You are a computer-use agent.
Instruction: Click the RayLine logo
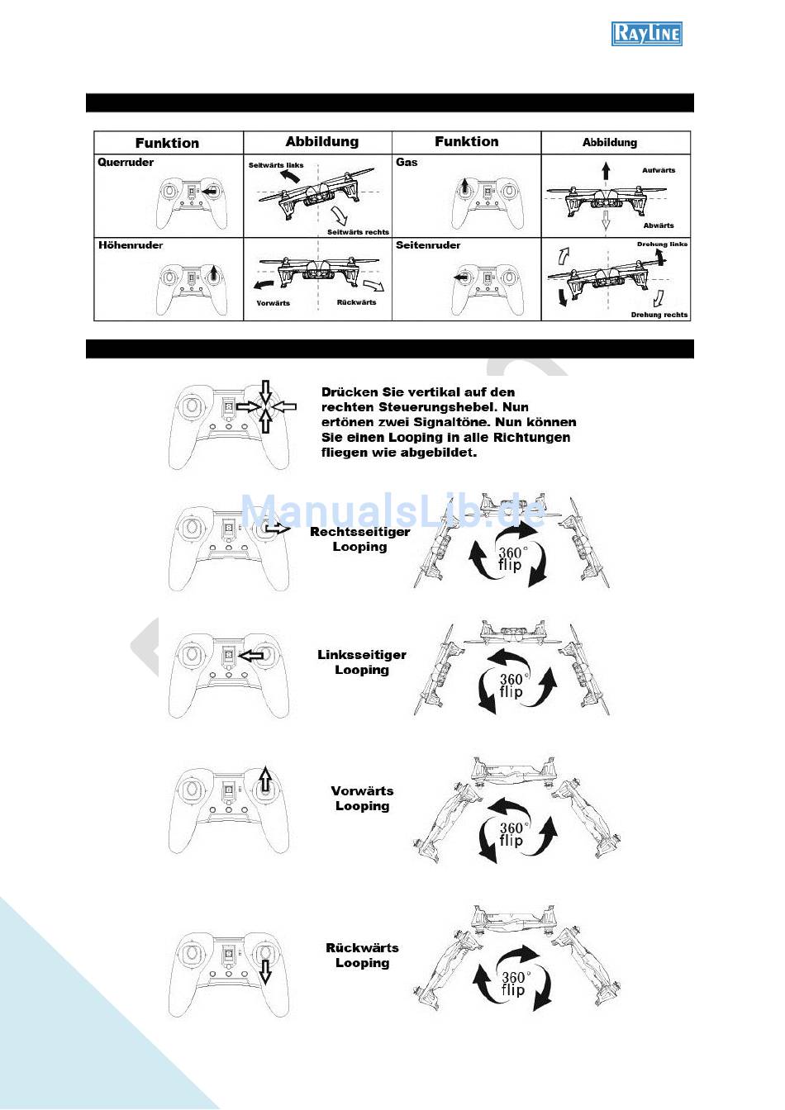(x=647, y=34)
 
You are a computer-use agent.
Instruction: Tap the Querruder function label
(x=126, y=162)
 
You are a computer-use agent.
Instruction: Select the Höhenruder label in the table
(x=131, y=244)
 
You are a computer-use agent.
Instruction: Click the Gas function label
(x=407, y=162)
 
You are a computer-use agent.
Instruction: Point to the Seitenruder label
(x=428, y=244)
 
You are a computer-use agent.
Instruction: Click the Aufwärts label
(x=659, y=170)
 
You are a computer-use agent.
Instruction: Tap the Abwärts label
(x=659, y=225)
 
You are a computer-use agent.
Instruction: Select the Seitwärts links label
(x=276, y=165)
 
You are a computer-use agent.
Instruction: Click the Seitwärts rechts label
(x=358, y=232)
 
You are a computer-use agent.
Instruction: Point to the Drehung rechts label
(x=659, y=315)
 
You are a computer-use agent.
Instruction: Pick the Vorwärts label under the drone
(x=274, y=303)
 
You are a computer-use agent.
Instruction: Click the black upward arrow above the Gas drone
(x=606, y=172)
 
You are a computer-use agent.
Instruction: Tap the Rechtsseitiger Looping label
(x=360, y=539)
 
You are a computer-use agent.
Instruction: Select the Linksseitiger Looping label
(x=362, y=662)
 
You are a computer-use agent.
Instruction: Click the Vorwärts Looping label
(x=363, y=799)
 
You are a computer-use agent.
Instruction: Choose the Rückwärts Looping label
(x=363, y=956)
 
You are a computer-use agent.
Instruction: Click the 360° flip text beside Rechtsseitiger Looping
(x=511, y=558)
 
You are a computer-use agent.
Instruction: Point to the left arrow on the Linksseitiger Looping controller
(x=251, y=656)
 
